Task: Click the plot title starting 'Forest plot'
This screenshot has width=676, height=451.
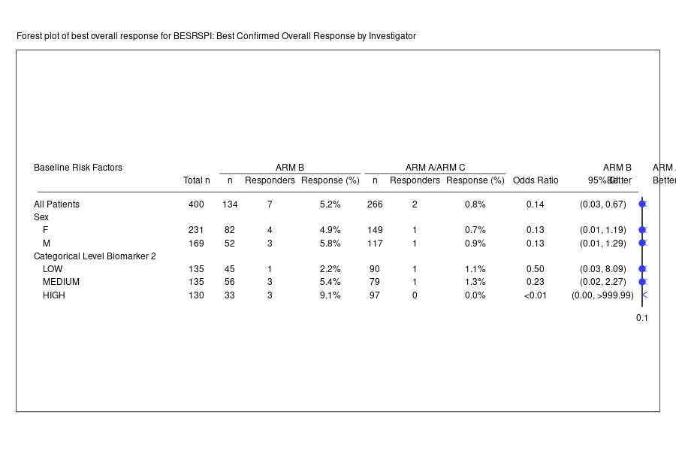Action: pyautogui.click(x=216, y=36)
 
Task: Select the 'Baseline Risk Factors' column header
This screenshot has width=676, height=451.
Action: pyautogui.click(x=78, y=168)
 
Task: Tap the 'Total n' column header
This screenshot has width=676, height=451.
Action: pyautogui.click(x=197, y=180)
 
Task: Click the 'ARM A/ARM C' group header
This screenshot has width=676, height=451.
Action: pyautogui.click(x=435, y=168)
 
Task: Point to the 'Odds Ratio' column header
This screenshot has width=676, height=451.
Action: pyautogui.click(x=536, y=180)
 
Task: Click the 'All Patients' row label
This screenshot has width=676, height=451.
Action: pyautogui.click(x=57, y=204)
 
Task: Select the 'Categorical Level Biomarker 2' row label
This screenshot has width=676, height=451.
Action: pyautogui.click(x=95, y=256)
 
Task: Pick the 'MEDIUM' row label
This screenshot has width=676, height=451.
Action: pyautogui.click(x=62, y=282)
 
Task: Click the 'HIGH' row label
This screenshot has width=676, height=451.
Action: pyautogui.click(x=54, y=295)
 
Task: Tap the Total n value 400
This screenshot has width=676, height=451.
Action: pyautogui.click(x=197, y=204)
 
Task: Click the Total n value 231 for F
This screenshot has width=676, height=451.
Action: pyautogui.click(x=197, y=230)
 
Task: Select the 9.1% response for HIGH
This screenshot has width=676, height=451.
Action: pyautogui.click(x=330, y=295)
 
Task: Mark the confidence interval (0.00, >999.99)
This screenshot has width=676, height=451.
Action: pyautogui.click(x=602, y=295)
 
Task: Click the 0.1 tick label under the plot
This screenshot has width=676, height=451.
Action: pyautogui.click(x=642, y=318)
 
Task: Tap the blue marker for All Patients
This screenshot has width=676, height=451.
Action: pyautogui.click(x=642, y=204)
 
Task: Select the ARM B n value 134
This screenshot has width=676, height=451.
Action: pyautogui.click(x=230, y=204)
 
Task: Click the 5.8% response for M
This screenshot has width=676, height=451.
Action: pyautogui.click(x=330, y=244)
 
